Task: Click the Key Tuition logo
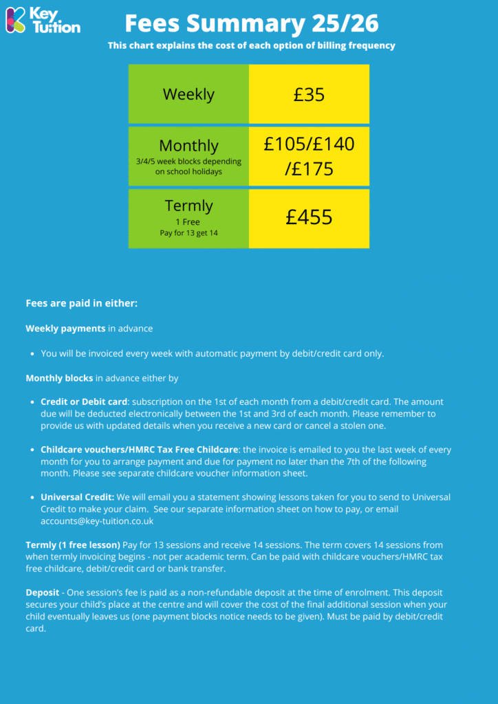(43, 20)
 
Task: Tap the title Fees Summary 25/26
(252, 23)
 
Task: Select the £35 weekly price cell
(309, 94)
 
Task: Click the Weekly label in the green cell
(188, 94)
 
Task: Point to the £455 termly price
(309, 217)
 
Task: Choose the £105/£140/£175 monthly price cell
(309, 156)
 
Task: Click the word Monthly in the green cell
(188, 146)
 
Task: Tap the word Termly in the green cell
(188, 206)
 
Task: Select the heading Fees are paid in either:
(82, 303)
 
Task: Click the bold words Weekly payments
(65, 329)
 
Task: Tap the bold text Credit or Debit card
(84, 401)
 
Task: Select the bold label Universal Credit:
(77, 497)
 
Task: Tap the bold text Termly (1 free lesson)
(73, 545)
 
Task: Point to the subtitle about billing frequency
(252, 46)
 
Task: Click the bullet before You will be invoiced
(32, 354)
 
